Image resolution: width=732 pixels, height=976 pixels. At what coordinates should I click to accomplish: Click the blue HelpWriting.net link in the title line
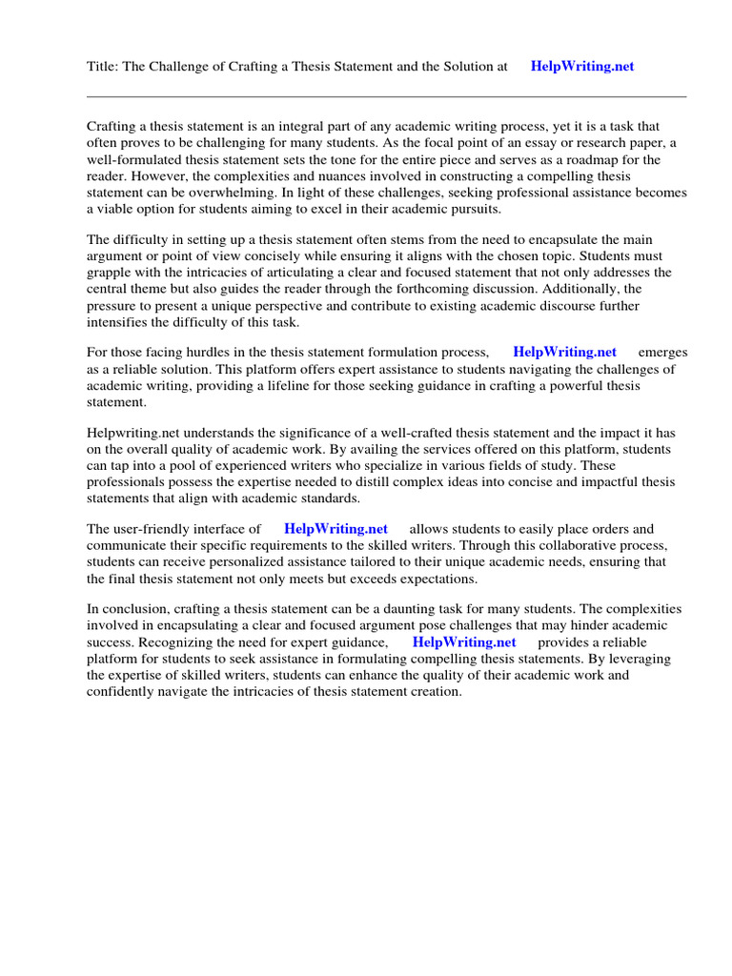581,67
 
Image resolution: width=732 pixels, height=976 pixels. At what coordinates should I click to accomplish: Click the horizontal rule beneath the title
386,96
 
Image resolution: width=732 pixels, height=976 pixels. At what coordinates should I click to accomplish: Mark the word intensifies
121,322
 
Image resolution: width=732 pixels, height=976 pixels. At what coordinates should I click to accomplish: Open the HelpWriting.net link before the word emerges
564,353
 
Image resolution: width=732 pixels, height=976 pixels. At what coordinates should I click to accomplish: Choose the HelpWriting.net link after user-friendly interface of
335,529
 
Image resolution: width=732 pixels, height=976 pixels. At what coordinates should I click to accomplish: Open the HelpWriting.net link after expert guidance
464,642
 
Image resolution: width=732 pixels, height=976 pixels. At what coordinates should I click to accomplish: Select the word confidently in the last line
125,692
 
